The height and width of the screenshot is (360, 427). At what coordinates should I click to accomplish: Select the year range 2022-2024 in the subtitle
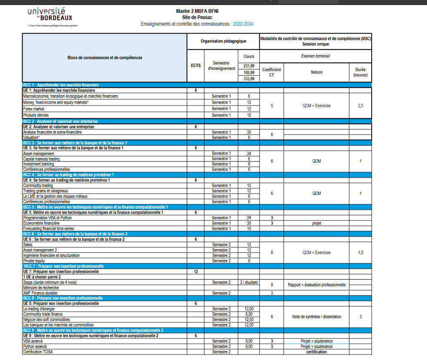tap(243, 24)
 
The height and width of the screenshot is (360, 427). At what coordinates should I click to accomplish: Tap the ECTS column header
tap(196, 65)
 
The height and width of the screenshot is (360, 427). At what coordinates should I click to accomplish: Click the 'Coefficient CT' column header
tap(272, 72)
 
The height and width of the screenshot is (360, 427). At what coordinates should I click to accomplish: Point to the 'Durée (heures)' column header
tap(360, 72)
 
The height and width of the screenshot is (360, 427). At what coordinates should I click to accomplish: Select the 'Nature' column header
tap(316, 72)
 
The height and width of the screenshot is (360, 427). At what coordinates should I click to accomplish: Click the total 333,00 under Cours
tap(249, 79)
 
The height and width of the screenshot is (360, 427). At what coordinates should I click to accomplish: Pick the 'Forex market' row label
tap(33, 109)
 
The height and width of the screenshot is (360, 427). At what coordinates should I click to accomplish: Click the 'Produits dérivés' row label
tap(36, 115)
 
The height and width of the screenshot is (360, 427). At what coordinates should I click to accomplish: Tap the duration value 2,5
tap(360, 106)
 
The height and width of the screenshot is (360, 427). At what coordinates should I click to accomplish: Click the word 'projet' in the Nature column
tap(316, 223)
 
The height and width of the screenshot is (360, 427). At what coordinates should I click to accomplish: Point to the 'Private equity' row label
tap(34, 261)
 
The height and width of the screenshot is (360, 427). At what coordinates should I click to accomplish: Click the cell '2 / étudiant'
tap(249, 282)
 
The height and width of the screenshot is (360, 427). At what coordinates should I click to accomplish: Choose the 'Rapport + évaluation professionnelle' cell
tap(316, 285)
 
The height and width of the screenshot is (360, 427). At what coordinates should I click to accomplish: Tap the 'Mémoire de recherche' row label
tap(41, 288)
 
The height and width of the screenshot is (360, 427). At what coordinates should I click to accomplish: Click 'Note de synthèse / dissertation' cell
tap(316, 317)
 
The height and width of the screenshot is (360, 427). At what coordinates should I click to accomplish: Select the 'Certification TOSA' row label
tap(38, 352)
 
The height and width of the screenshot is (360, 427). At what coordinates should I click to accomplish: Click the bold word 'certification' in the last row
tap(316, 352)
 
